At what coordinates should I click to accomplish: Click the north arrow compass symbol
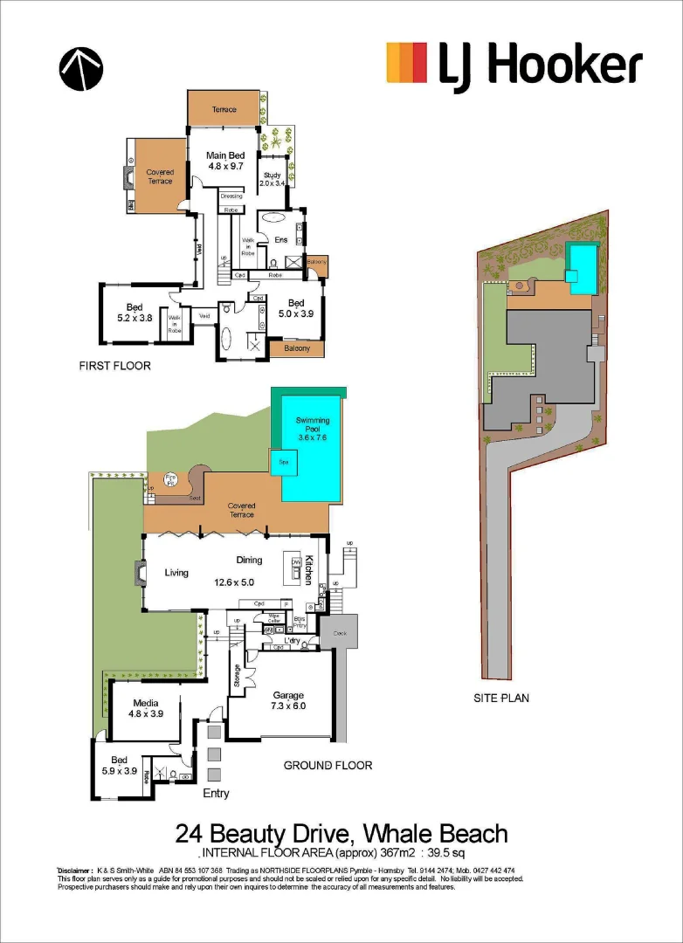click(80, 68)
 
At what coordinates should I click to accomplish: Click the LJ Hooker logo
click(514, 66)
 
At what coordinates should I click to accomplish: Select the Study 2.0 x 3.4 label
click(273, 180)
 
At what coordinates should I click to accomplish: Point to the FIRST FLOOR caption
click(114, 366)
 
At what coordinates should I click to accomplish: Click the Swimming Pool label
click(313, 426)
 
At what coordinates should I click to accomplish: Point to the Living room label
click(176, 573)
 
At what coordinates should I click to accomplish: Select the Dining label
click(249, 561)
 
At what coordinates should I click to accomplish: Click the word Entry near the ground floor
click(216, 793)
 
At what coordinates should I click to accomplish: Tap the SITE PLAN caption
click(501, 698)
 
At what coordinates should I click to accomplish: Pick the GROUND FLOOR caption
click(328, 766)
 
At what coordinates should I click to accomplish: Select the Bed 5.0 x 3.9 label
click(294, 307)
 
